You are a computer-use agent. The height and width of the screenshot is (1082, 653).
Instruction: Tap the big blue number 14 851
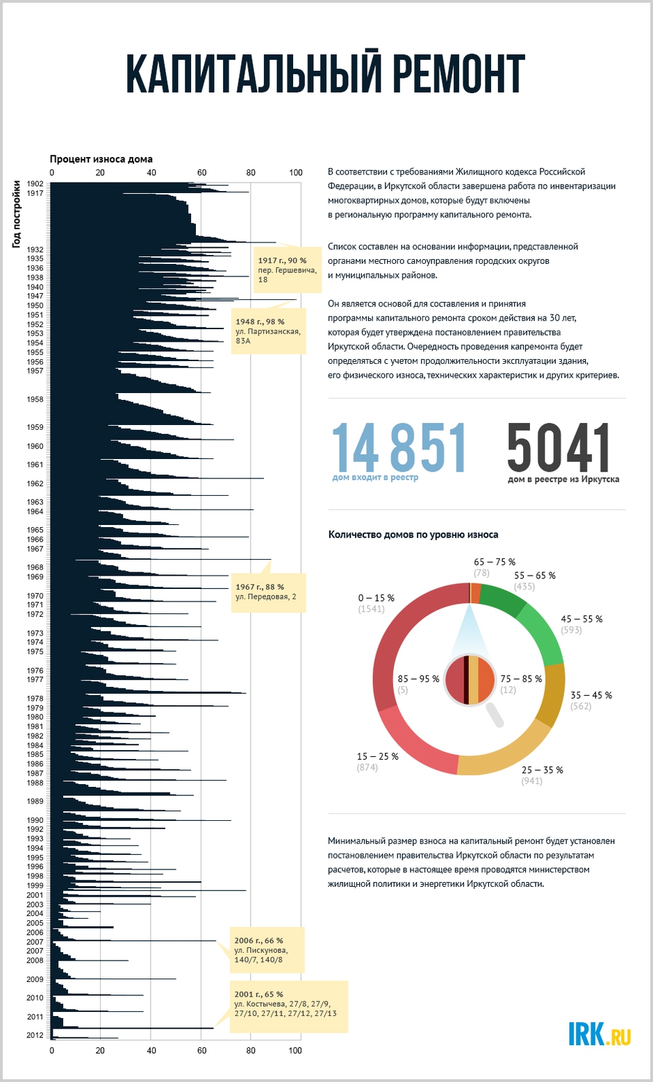[x=399, y=447]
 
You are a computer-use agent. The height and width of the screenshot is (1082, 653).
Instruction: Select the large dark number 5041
[x=559, y=447]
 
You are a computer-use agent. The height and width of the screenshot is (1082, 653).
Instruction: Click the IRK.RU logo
[x=600, y=1034]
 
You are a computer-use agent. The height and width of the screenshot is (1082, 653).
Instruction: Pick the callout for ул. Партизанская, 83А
[x=268, y=331]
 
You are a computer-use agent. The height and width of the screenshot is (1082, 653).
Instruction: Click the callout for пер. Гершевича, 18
[x=287, y=270]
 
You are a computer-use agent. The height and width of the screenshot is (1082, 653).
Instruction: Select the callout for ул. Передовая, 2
[x=268, y=592]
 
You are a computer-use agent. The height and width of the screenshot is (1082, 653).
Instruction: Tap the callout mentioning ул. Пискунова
[x=266, y=949]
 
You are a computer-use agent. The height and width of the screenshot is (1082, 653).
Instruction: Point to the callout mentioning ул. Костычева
[x=288, y=1006]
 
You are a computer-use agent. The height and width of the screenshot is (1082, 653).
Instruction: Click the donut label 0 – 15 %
[x=376, y=598]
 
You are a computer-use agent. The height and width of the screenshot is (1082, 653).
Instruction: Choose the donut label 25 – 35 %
[x=542, y=770]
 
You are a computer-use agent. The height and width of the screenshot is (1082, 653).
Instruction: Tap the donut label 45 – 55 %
[x=581, y=619]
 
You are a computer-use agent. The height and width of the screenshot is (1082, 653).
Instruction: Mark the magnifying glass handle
[x=495, y=715]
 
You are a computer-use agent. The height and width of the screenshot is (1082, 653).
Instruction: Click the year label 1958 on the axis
[x=35, y=399]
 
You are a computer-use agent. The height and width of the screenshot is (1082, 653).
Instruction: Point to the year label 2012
[x=35, y=1035]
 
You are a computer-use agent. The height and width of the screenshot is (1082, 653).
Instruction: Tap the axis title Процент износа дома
[x=101, y=160]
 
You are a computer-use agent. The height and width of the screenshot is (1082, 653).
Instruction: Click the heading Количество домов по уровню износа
[x=413, y=535]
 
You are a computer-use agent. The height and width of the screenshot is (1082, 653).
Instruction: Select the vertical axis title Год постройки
[x=17, y=214]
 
